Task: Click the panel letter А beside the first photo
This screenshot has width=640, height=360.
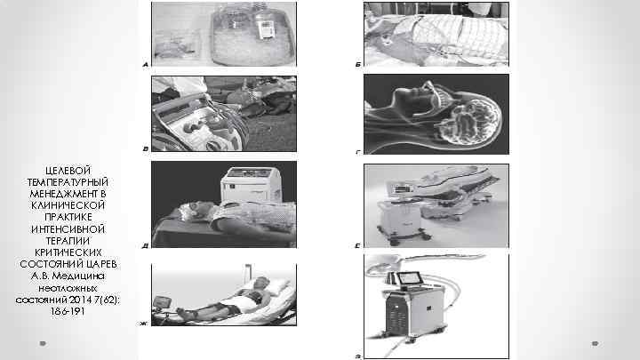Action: [x=145, y=65]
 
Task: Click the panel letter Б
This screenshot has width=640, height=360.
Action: [x=358, y=65]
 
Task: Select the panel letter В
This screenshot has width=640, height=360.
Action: [x=145, y=149]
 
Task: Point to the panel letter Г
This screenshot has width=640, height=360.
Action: [x=358, y=152]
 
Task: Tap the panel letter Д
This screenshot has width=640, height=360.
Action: [x=145, y=245]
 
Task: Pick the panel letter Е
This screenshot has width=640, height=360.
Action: [x=358, y=245]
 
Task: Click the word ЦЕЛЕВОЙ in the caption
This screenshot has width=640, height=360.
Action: [x=68, y=170]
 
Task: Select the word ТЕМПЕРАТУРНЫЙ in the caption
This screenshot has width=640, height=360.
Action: [x=68, y=182]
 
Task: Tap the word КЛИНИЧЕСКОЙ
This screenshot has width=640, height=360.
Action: [x=68, y=205]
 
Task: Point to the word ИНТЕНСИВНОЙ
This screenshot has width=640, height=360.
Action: [x=68, y=229]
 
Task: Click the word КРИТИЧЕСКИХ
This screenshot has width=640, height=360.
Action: [x=68, y=252]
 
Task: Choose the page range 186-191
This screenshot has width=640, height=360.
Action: [x=68, y=311]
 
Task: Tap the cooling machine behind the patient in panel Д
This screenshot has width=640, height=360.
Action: [x=250, y=185]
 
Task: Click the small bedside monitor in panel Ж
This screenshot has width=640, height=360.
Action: [x=162, y=302]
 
